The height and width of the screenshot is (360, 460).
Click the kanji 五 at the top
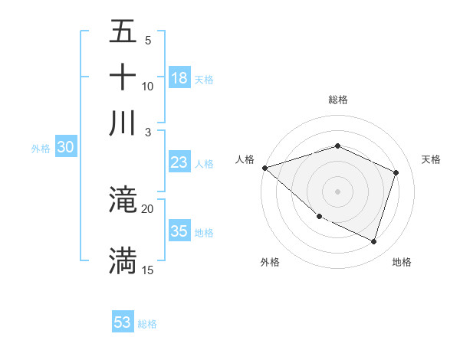tap(123, 32)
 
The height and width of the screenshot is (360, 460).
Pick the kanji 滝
tap(123, 201)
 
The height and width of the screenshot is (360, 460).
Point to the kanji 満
tap(123, 260)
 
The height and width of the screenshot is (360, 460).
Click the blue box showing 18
tap(179, 78)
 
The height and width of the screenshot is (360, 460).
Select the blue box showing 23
tap(179, 162)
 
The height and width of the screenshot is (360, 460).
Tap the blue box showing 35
tap(179, 231)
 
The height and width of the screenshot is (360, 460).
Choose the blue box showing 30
tap(65, 148)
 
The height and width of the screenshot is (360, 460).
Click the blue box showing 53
tap(123, 322)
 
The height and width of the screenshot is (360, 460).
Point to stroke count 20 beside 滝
tap(147, 208)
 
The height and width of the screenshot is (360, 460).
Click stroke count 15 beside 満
tap(147, 270)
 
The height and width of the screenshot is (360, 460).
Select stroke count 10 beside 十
tap(147, 86)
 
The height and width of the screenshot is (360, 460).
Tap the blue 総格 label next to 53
tap(147, 324)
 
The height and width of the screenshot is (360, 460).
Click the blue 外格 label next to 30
tap(40, 149)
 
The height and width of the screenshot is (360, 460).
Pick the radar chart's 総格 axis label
tap(337, 100)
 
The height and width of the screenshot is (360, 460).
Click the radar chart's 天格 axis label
tap(431, 159)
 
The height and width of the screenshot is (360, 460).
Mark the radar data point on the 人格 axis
tap(264, 167)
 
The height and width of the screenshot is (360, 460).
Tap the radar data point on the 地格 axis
tap(374, 242)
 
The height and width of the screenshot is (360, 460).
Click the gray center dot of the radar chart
tap(337, 191)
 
